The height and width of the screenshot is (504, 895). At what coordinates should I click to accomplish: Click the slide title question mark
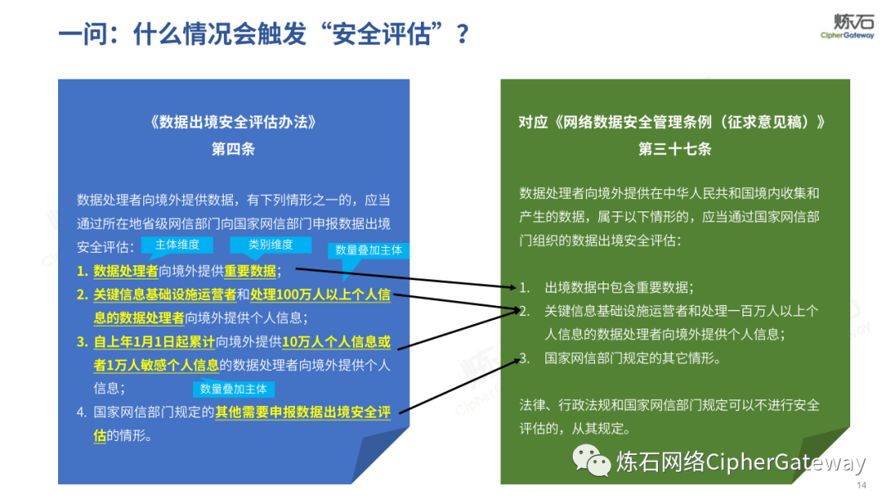[x=462, y=35]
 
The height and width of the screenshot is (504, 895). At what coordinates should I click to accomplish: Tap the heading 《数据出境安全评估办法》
[x=233, y=122]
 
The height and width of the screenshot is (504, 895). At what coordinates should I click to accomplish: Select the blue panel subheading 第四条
[x=233, y=149]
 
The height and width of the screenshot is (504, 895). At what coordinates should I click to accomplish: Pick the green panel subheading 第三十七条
[x=675, y=149]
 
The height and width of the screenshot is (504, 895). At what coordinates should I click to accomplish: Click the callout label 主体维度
[x=177, y=245]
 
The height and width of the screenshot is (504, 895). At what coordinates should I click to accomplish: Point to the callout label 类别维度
[x=271, y=245]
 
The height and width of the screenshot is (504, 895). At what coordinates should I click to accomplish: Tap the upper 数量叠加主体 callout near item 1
[x=368, y=250]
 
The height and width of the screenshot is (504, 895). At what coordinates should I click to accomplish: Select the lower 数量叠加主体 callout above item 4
[x=234, y=389]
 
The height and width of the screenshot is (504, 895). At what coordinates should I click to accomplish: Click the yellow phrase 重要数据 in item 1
[x=252, y=271]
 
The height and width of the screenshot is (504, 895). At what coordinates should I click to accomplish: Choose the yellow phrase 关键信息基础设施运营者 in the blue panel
[x=165, y=294]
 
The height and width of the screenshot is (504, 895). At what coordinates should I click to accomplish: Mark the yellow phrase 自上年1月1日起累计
[x=154, y=342]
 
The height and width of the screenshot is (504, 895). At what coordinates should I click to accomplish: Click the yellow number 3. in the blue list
[x=82, y=342]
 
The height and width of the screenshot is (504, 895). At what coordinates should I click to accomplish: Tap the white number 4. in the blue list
[x=82, y=411]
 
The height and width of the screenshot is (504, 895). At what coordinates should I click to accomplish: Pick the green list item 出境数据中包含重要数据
[x=618, y=287]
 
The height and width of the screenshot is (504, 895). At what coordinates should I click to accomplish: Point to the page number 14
[x=861, y=485]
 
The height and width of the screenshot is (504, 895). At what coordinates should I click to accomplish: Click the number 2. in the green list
[x=525, y=311]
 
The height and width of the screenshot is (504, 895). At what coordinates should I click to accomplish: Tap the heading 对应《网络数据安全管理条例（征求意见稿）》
[x=674, y=122]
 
